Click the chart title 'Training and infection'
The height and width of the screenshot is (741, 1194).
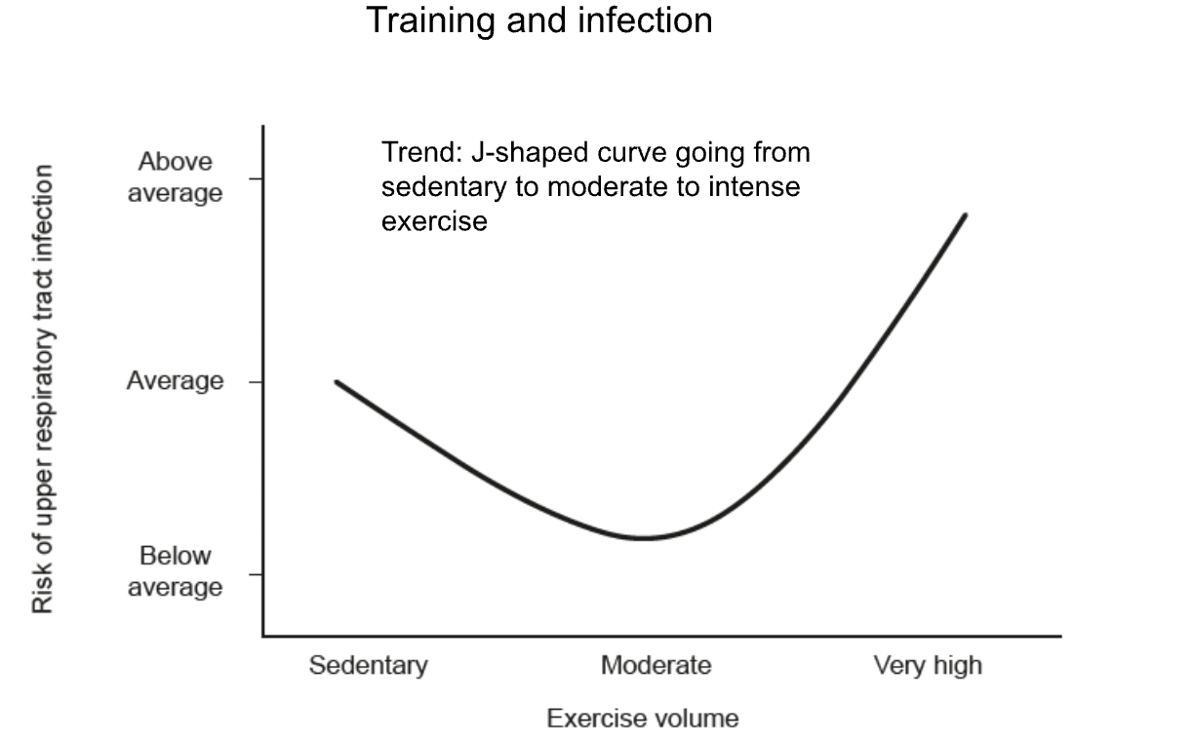tap(539, 21)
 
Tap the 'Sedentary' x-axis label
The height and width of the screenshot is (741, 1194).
tap(369, 665)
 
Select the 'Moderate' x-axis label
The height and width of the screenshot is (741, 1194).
tap(657, 665)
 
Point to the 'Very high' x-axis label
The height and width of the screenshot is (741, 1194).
tap(928, 666)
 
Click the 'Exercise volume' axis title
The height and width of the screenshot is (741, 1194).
tap(643, 719)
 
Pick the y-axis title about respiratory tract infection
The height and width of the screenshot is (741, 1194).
tap(43, 389)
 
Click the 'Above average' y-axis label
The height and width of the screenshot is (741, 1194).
tap(175, 176)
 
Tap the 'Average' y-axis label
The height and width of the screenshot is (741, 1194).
tap(175, 381)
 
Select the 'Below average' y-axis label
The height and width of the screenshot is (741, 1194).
tap(175, 571)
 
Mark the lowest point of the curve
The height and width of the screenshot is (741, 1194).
tap(644, 538)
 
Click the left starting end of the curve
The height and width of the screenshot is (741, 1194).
tap(337, 382)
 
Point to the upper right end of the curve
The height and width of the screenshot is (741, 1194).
tap(965, 215)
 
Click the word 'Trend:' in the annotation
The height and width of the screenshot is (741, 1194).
tap(421, 152)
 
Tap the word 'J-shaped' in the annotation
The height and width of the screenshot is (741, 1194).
tap(530, 154)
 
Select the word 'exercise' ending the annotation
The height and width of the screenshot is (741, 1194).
tap(434, 221)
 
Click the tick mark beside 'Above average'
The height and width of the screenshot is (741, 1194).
tap(256, 178)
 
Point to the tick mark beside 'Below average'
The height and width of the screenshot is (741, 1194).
tap(256, 574)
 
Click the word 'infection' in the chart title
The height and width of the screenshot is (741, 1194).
tap(645, 20)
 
